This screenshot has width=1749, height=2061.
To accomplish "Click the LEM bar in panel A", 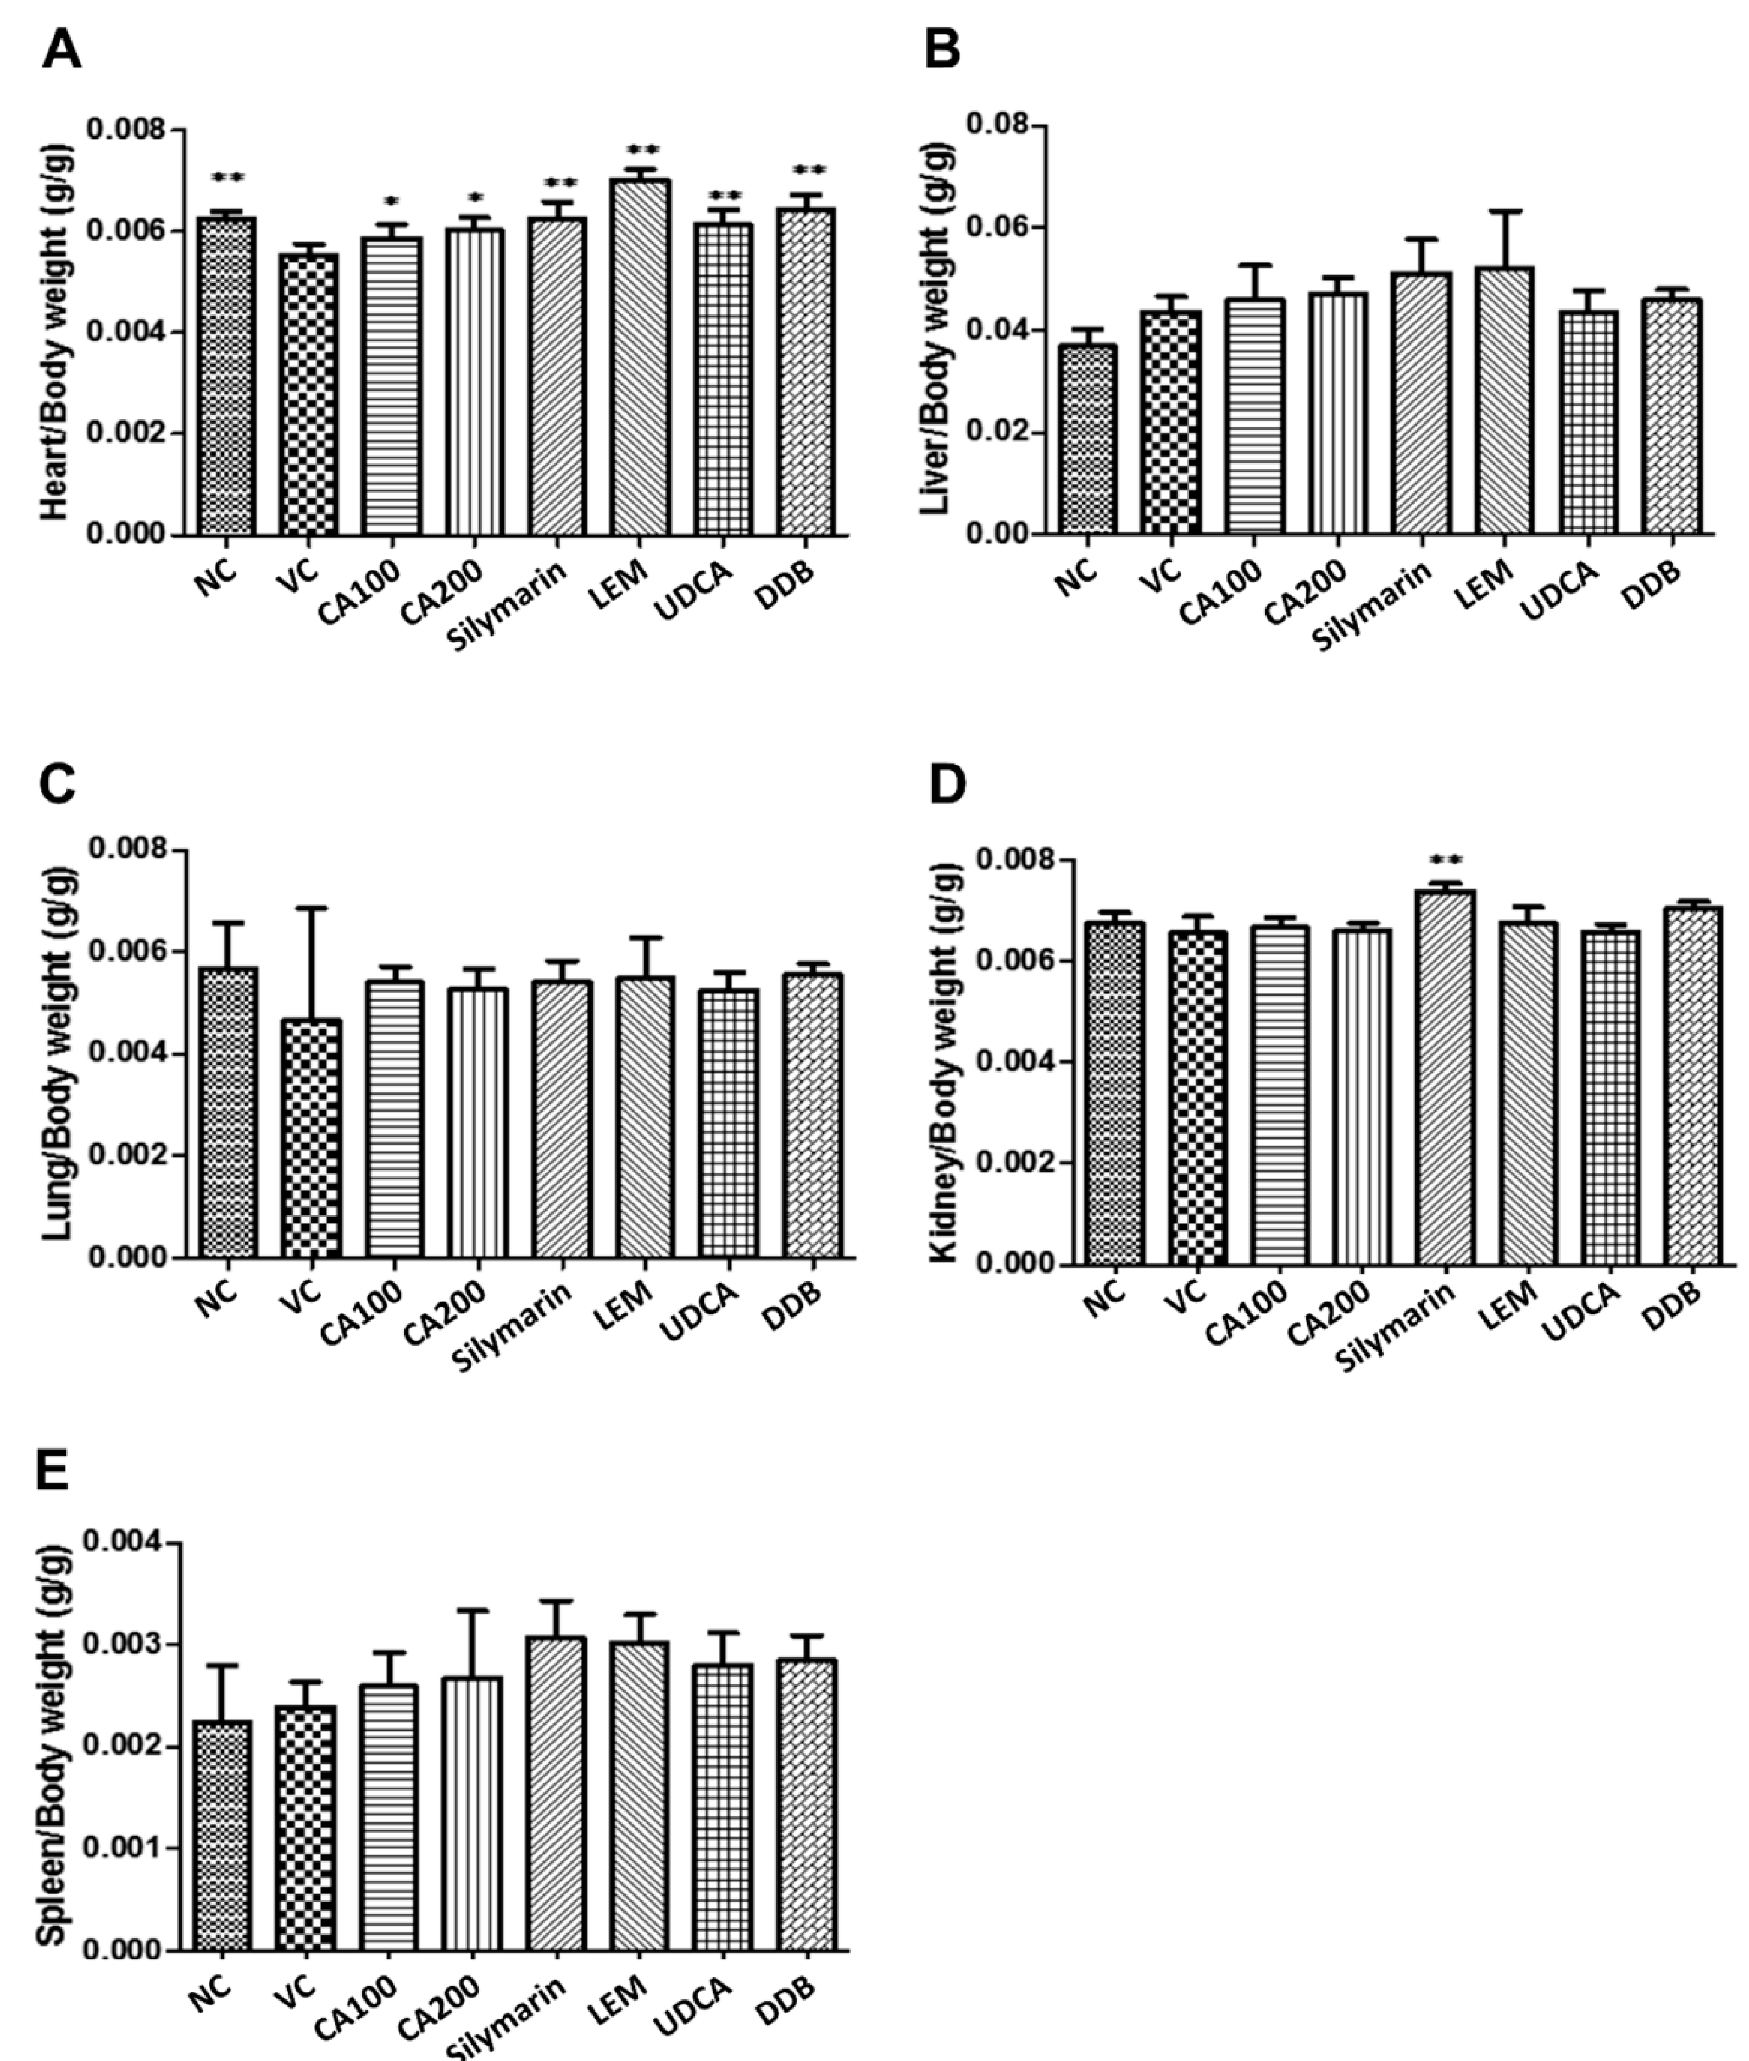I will tap(641, 357).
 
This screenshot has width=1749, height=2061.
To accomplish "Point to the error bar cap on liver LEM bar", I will tap(1504, 211).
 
